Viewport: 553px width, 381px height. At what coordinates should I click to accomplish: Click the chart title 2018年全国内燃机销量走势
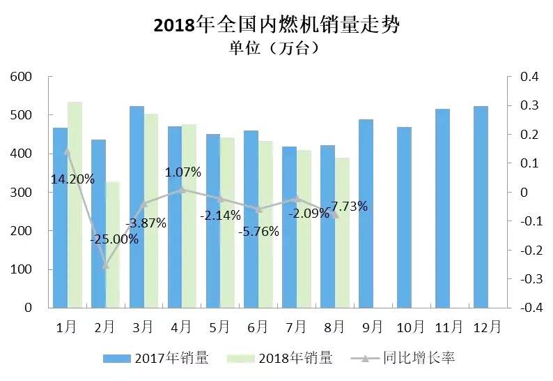point(276,25)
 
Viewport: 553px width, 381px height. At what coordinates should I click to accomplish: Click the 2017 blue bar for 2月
point(98,223)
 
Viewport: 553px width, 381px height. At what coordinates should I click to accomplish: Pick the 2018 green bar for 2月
point(113,244)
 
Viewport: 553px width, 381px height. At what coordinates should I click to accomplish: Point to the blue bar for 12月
point(481,207)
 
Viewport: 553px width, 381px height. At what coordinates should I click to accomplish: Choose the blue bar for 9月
point(366,214)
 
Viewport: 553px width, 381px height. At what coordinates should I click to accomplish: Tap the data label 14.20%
point(72,179)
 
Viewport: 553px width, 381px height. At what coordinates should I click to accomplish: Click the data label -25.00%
point(114,239)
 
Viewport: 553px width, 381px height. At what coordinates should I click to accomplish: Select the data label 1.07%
point(183,172)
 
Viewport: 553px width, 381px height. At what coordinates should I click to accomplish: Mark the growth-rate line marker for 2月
point(106,264)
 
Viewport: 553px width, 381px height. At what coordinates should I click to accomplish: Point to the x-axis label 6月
point(258,326)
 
